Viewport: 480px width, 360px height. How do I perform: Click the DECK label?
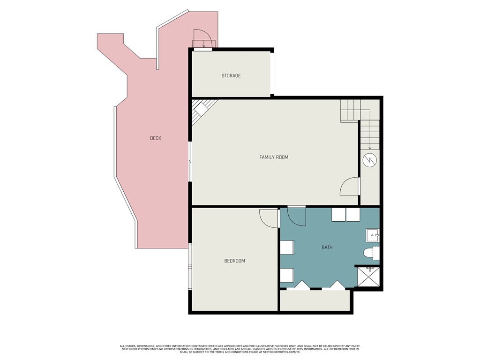click(x=156, y=138)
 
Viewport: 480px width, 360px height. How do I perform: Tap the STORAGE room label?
click(x=231, y=75)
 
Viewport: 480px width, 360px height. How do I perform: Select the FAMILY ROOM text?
click(x=274, y=157)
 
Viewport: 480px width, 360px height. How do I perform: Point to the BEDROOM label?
click(x=234, y=261)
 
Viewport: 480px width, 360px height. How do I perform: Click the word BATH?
click(x=327, y=247)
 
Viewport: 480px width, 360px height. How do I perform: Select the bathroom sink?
click(x=373, y=235)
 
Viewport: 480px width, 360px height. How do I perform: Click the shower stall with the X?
click(x=368, y=277)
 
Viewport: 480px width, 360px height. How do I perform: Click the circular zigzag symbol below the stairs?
click(x=370, y=160)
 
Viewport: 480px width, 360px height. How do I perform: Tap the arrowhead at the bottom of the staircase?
click(x=370, y=148)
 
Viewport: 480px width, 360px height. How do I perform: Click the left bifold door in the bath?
click(x=302, y=285)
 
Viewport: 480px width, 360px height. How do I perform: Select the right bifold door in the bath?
click(x=337, y=285)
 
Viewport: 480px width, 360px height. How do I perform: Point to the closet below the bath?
click(x=315, y=300)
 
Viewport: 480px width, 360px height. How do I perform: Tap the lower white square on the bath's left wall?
click(x=287, y=275)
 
